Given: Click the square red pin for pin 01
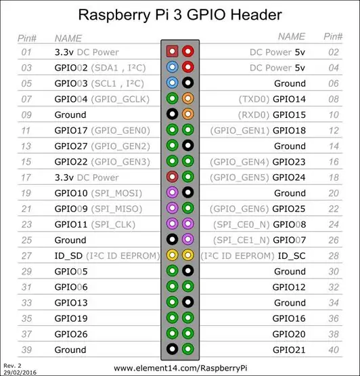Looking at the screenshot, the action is [172, 51].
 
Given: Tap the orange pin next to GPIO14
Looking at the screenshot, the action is [188, 98].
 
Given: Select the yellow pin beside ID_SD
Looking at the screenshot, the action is [172, 255].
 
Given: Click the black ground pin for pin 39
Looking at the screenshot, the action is [172, 349].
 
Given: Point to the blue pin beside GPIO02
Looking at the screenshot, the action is [172, 67].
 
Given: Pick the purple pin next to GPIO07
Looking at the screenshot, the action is [188, 239].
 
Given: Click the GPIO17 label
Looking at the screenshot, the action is [71, 131].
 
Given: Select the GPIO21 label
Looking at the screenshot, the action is [289, 350].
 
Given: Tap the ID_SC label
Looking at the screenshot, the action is [292, 256].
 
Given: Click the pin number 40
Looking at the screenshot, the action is [334, 350].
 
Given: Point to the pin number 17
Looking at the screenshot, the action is [26, 177].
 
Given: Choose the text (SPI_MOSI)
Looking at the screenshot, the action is [116, 193].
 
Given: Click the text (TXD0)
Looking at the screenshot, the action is [254, 99].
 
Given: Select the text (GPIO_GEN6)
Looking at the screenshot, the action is [239, 209].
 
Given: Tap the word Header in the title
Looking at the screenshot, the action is [256, 15].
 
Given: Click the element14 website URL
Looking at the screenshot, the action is [181, 368].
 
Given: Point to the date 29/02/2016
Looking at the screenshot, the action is [20, 373].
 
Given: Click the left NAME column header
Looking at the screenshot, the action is [68, 39].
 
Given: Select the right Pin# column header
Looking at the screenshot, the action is [333, 37].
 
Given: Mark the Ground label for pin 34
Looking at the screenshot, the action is [290, 303].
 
